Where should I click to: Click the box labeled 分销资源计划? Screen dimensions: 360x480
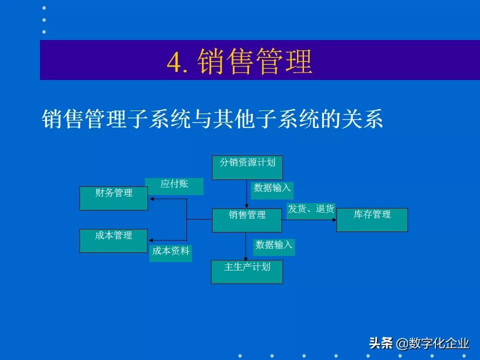[x=247, y=167]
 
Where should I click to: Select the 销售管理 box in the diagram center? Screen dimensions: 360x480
[x=247, y=220]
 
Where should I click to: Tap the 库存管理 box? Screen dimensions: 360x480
[x=372, y=220]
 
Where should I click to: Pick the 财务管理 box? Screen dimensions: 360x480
[x=113, y=198]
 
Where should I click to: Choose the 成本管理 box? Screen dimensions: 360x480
[x=113, y=240]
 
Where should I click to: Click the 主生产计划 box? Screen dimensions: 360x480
[x=247, y=271]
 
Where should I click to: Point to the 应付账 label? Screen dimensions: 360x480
[x=174, y=186]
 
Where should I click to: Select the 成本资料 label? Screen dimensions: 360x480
[x=171, y=253]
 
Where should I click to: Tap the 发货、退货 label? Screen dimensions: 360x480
[x=310, y=210]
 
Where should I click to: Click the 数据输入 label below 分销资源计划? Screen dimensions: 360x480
[x=272, y=189]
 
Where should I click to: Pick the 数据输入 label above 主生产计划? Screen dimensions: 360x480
[x=274, y=246]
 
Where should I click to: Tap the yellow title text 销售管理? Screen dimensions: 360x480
[x=254, y=62]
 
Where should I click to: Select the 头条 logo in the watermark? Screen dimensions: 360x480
[x=381, y=343]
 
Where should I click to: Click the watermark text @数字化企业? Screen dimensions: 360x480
[x=433, y=343]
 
